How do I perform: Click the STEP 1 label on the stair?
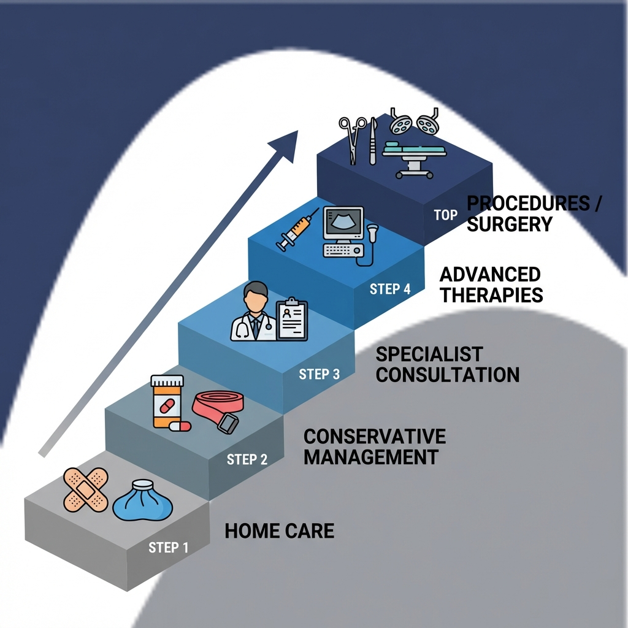168,548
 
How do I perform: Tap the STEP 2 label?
247,459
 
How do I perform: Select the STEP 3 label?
319,374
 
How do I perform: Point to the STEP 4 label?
390,289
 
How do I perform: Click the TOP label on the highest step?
445,215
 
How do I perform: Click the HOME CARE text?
280,530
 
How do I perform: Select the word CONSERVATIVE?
374,437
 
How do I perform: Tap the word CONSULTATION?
447,374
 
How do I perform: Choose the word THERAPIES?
491,295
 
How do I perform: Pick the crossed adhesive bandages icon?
85,490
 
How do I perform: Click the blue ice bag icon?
143,500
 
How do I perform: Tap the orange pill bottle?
167,402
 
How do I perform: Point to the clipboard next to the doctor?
292,319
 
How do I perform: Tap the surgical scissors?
352,139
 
